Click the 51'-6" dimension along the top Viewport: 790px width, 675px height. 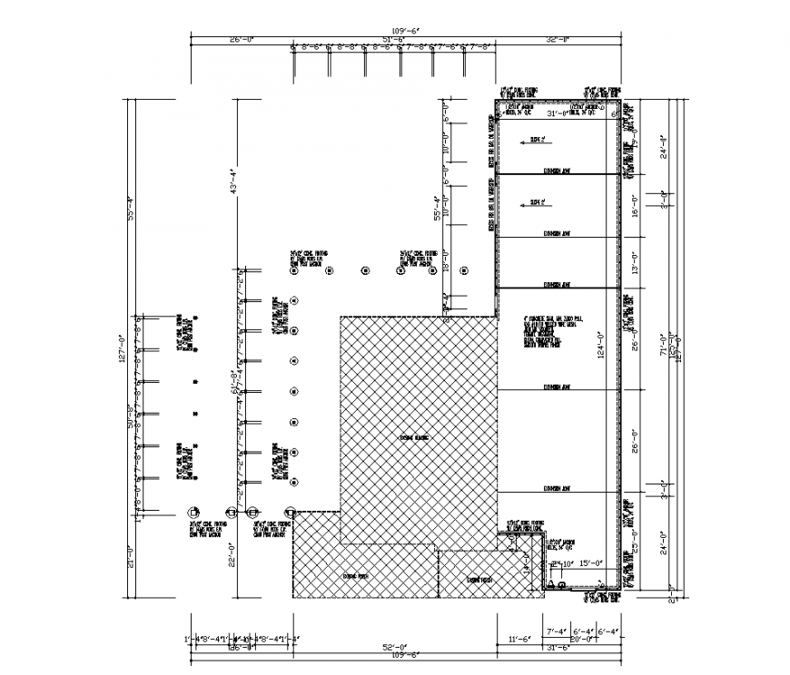(392, 40)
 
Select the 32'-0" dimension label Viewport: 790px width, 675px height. (558, 40)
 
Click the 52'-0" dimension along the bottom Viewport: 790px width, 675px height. (392, 647)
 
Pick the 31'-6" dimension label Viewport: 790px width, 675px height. (557, 647)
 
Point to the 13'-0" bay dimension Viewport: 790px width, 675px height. (636, 262)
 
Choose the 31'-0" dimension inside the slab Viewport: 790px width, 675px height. (556, 113)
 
